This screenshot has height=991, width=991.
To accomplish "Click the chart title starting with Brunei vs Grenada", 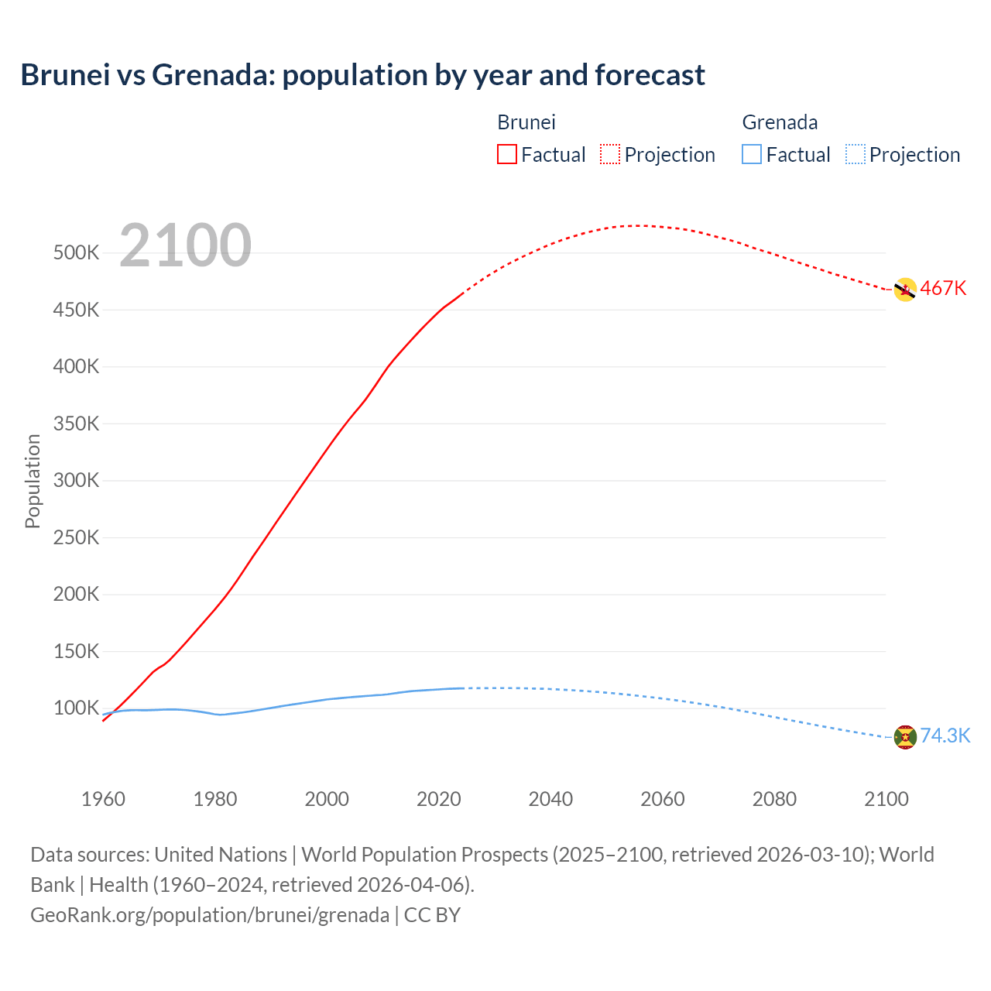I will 362,75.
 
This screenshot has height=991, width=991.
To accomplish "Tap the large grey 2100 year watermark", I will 185,245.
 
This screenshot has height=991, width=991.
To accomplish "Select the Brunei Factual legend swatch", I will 506,154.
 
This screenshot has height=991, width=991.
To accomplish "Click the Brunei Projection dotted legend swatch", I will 610,154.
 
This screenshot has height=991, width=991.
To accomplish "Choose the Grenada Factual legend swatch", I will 751,154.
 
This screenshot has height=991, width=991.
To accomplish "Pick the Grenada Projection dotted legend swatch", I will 855,154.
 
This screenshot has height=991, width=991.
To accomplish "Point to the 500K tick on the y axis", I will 76,253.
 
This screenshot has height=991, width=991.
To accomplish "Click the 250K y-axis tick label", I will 76,537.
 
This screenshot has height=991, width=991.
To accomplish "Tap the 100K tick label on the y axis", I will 76,708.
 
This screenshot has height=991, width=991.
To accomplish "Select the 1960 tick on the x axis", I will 103,799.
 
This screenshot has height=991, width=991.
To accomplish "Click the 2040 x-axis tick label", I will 550,799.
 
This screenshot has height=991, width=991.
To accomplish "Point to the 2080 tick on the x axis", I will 774,799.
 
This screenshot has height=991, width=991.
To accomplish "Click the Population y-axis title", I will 33,481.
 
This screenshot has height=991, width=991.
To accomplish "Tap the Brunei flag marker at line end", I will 904,290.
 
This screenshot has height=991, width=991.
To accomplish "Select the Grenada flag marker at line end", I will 904,737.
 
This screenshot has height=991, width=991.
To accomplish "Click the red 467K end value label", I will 943,289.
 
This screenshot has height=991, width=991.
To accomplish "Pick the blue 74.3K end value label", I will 945,736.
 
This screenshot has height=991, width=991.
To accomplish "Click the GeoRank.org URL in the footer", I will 209,915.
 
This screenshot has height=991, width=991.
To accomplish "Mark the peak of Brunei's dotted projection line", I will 637,226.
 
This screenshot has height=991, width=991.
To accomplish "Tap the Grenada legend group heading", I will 780,122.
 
